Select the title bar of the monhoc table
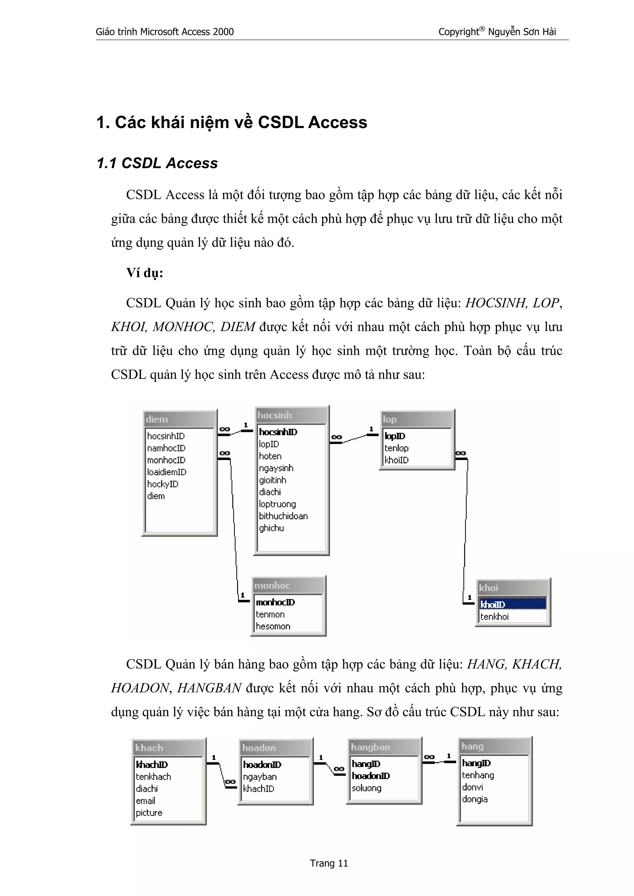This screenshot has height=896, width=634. (x=288, y=585)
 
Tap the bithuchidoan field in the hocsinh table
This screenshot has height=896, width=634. (x=283, y=516)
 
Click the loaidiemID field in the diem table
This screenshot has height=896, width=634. (x=167, y=472)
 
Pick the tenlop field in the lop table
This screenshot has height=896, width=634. (x=397, y=448)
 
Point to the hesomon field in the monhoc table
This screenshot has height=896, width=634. (x=273, y=626)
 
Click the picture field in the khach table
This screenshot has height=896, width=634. (x=149, y=813)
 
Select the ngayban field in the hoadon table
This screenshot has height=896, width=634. (x=260, y=777)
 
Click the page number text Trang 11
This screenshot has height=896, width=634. (x=328, y=863)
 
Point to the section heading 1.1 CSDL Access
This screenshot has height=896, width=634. (x=157, y=163)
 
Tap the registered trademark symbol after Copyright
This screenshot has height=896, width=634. (x=482, y=29)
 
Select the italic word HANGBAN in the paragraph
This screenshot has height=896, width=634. (x=209, y=688)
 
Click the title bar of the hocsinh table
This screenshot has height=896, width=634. (x=291, y=415)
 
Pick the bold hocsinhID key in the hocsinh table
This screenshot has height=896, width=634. (x=278, y=432)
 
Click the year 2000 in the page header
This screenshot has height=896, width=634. (x=223, y=32)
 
